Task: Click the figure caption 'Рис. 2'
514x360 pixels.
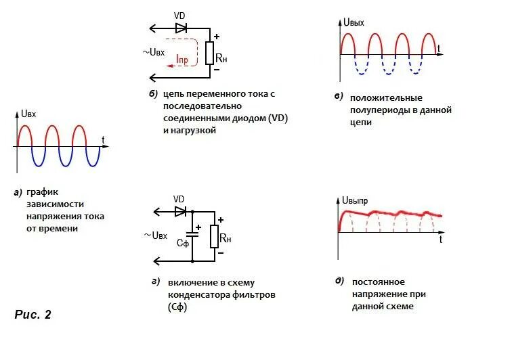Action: point(33,315)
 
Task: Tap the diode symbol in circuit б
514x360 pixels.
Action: point(181,28)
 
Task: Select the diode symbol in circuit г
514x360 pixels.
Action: point(181,211)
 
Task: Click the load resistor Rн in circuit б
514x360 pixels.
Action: point(210,53)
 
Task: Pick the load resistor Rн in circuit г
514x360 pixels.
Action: point(215,236)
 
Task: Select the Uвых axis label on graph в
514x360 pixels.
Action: point(354,22)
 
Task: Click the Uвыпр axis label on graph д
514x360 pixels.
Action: point(356,200)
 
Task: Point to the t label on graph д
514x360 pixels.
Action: point(440,240)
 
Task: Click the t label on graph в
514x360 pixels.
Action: point(439,47)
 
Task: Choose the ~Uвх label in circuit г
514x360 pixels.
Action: point(155,235)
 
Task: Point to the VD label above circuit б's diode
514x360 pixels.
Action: point(179,15)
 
